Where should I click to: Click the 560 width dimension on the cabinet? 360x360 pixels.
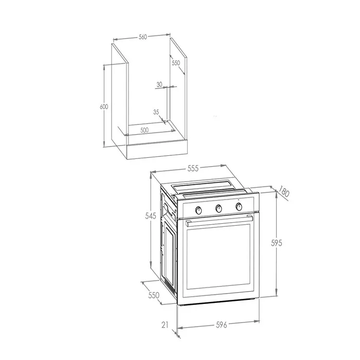point(142,37)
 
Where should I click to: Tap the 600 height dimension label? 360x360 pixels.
point(104,107)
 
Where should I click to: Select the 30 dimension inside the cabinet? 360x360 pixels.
point(159,84)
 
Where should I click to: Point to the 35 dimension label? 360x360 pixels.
point(156,112)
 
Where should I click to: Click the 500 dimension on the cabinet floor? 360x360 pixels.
point(145,130)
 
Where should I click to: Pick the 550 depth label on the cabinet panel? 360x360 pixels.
point(176,63)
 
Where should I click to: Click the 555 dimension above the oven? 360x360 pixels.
point(193,168)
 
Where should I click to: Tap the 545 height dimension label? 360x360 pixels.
point(151,216)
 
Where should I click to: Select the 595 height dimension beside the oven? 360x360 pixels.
point(277,243)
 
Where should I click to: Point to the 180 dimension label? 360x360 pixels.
point(284,192)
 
